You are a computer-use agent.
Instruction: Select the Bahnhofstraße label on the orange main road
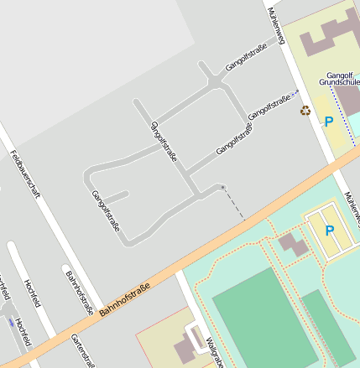click(x=124, y=301)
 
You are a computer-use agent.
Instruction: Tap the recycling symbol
click(x=305, y=110)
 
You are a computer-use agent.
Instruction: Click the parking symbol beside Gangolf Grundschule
click(x=328, y=122)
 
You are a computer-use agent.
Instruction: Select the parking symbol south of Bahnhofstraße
click(x=329, y=230)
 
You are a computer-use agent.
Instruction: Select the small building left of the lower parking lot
click(x=293, y=245)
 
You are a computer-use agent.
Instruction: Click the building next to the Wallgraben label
click(x=184, y=347)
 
